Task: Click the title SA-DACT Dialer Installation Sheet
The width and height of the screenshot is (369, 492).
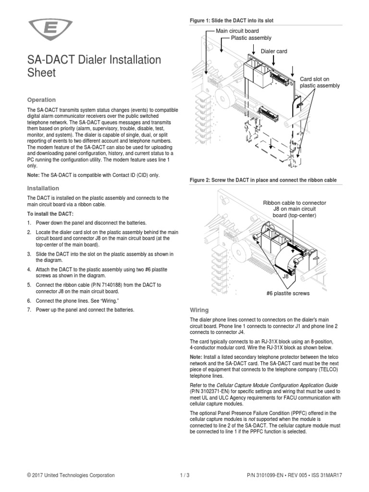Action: (x=94, y=66)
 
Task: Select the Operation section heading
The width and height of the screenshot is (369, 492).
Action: (x=41, y=100)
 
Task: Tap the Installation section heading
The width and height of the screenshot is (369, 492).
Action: (x=43, y=188)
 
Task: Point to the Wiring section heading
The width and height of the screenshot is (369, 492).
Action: (x=199, y=310)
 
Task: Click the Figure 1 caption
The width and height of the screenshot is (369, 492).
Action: (x=232, y=21)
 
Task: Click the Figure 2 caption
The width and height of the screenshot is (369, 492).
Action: (x=263, y=180)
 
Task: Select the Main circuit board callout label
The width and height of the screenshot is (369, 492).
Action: (x=238, y=31)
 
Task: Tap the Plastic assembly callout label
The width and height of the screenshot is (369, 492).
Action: (x=251, y=38)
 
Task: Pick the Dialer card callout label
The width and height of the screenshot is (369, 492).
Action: (x=274, y=51)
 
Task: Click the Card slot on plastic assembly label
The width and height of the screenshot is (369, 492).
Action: (x=320, y=82)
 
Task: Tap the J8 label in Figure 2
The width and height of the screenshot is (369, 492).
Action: (x=285, y=277)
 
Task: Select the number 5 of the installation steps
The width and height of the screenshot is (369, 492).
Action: (x=29, y=285)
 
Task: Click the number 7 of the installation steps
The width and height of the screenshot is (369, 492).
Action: (x=29, y=310)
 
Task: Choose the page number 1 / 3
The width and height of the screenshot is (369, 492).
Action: (x=184, y=476)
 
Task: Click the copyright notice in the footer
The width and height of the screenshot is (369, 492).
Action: (x=71, y=476)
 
